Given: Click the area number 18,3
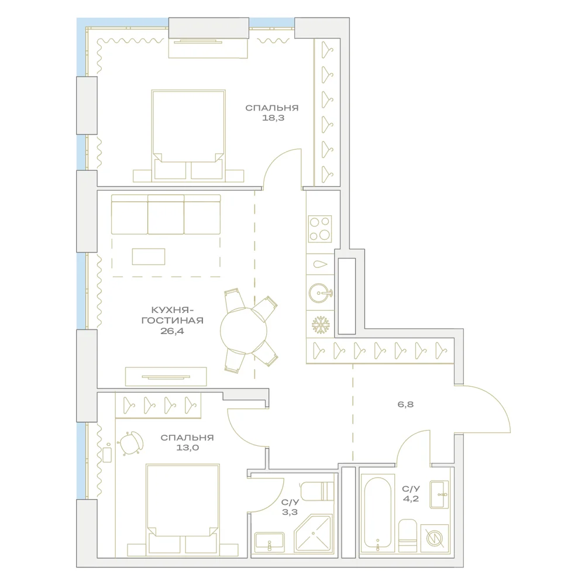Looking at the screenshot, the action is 273,118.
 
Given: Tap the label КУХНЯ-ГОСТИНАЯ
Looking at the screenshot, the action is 173,315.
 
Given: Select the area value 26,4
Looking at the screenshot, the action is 173,331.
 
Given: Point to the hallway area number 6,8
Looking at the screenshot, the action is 405,404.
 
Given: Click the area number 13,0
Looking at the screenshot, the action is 187,448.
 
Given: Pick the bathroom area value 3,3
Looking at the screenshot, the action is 290,512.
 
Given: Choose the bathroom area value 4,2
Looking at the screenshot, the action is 411,499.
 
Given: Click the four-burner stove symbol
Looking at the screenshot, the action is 320,229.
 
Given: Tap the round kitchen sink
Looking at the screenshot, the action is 321,293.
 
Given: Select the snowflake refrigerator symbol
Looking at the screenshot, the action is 321,325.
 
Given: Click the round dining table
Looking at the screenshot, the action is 243,331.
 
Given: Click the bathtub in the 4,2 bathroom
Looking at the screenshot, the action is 377,515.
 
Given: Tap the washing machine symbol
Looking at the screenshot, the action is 435,538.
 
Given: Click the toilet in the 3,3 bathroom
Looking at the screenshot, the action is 316,491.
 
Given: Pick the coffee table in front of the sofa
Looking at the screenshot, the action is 149,257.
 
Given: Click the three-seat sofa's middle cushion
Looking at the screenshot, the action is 166,215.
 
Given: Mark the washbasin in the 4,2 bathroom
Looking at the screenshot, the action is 439,495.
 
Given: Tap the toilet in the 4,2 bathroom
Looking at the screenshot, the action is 407,536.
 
